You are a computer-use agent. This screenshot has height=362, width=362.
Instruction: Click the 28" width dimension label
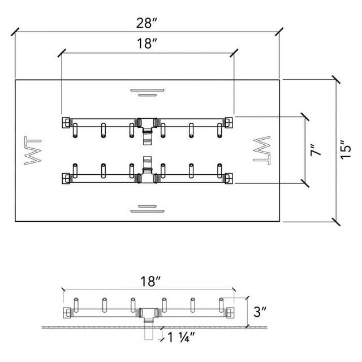pyautogui.click(x=146, y=23)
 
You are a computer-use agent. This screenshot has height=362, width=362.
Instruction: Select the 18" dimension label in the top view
pyautogui.click(x=147, y=44)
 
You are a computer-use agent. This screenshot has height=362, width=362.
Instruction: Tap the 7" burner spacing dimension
pyautogui.click(x=316, y=150)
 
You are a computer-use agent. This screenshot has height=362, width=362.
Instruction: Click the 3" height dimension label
pyautogui.click(x=260, y=312)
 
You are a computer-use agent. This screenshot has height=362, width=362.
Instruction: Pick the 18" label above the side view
pyautogui.click(x=150, y=282)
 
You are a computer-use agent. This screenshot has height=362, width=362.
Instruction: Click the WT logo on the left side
pyautogui.click(x=33, y=150)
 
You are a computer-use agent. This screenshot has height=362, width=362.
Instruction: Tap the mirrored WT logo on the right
pyautogui.click(x=262, y=150)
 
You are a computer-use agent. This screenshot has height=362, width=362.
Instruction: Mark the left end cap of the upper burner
pyautogui.click(x=66, y=123)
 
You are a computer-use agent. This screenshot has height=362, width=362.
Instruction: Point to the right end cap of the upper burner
pyautogui.click(x=229, y=123)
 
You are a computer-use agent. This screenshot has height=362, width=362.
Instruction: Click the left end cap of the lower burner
pyautogui.click(x=66, y=179)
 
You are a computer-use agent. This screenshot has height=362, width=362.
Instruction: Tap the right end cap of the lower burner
pyautogui.click(x=229, y=179)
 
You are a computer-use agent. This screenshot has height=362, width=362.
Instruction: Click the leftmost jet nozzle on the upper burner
pyautogui.click(x=75, y=131)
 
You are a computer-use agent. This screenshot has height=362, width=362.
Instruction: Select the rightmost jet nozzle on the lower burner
pyautogui.click(x=219, y=171)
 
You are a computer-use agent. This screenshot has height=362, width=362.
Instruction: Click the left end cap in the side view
pyautogui.click(x=67, y=313)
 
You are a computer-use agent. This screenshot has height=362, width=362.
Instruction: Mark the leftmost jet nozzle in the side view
pyautogui.click(x=76, y=305)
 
